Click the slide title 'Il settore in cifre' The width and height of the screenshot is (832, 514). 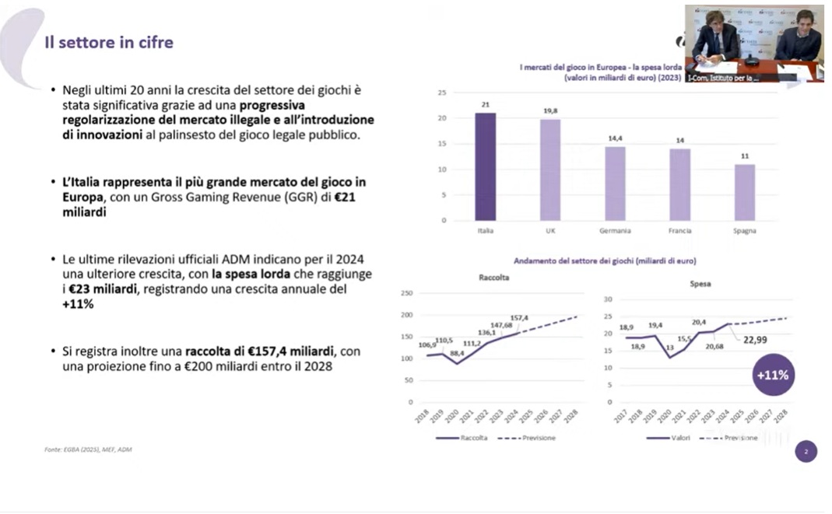108,42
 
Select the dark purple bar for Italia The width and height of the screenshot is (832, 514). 485,166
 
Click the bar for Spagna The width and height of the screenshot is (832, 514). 744,192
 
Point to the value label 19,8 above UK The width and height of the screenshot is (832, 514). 550,111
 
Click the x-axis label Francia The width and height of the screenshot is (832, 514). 679,231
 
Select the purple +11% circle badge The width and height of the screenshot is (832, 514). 772,375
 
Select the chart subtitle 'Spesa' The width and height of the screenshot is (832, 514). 700,284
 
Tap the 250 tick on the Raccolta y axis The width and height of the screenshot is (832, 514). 405,293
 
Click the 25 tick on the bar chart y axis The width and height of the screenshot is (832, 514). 441,93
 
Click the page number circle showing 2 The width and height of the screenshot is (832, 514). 806,451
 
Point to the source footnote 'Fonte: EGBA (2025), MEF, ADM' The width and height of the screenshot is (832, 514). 88,449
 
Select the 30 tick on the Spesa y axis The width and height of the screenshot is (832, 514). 609,299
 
